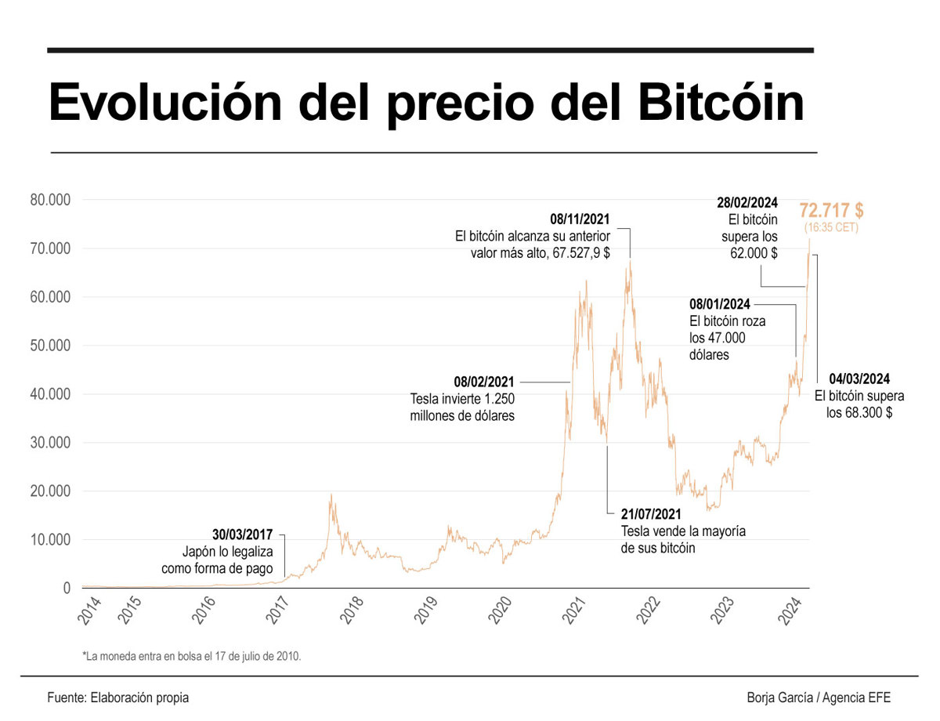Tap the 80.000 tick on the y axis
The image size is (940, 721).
click(x=50, y=200)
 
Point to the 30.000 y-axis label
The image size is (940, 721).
click(x=50, y=443)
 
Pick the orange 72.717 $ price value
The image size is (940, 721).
click(x=831, y=210)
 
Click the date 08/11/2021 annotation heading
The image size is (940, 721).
click(x=580, y=219)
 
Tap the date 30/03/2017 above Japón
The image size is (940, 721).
click(x=242, y=534)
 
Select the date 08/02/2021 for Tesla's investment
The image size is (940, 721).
click(x=484, y=382)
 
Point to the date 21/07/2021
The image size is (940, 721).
click(x=652, y=514)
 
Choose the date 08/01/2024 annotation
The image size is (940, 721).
click(x=720, y=304)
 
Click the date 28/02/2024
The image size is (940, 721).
click(x=747, y=203)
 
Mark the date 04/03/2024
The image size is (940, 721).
click(x=859, y=379)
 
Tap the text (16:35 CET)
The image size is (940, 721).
click(x=831, y=228)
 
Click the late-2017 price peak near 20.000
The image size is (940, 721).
click(x=331, y=496)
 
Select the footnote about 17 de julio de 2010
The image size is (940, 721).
click(x=191, y=654)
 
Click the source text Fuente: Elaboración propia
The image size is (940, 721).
click(x=117, y=697)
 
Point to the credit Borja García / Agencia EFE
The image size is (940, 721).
click(x=819, y=697)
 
